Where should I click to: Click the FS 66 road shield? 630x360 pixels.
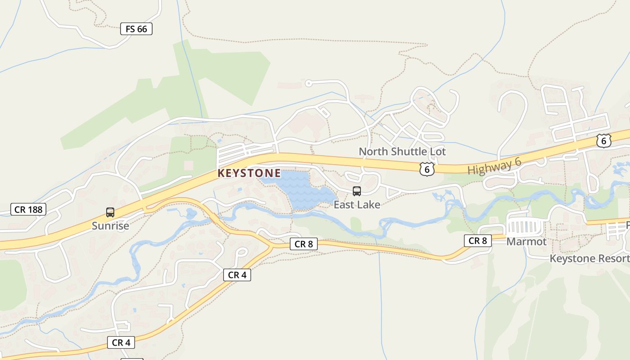[x=136, y=29]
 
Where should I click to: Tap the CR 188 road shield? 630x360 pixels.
[x=28, y=209]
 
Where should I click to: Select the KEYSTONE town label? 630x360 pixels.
[x=249, y=173]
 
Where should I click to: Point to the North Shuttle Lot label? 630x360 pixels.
[x=402, y=152]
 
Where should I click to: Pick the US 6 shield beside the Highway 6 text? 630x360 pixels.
[x=427, y=169]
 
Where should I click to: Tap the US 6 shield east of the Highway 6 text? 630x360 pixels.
[x=603, y=140]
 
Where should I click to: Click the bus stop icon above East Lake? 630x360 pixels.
[x=357, y=191]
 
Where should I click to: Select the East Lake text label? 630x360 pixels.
[x=357, y=205]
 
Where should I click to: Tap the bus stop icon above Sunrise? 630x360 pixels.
[x=110, y=212]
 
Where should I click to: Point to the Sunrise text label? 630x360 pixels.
[x=110, y=226]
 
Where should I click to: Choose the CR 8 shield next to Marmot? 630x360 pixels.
[x=477, y=241]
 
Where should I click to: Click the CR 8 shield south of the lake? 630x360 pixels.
[x=304, y=244]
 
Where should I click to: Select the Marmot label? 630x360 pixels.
[x=526, y=242]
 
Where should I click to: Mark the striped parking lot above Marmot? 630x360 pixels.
[x=525, y=227]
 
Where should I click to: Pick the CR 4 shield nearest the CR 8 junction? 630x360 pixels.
[x=237, y=275]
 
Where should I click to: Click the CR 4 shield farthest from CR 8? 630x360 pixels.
[x=121, y=342]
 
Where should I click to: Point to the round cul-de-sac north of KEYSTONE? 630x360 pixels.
[x=308, y=83]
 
